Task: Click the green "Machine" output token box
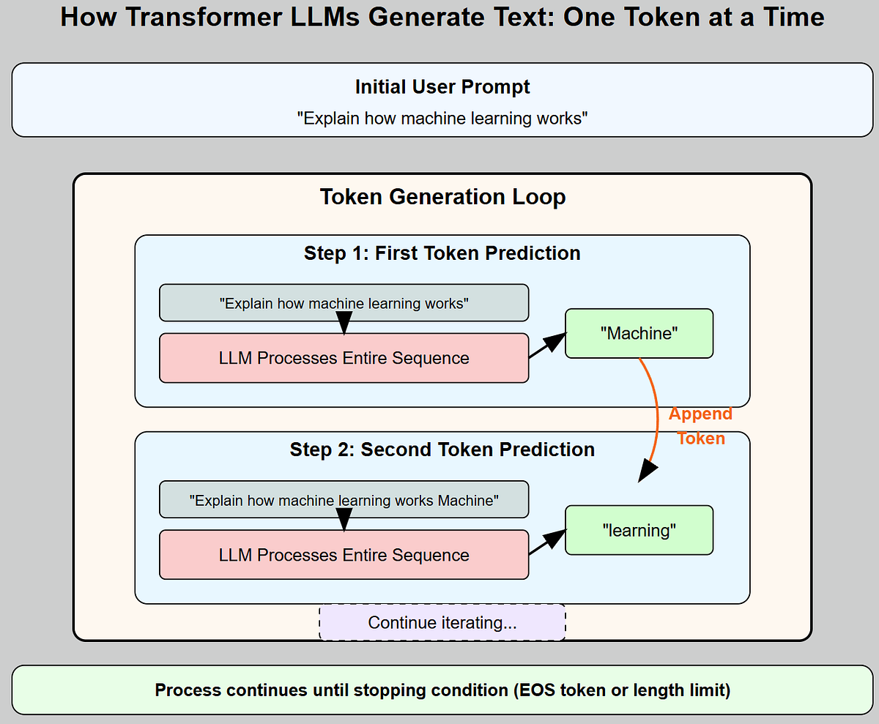click(x=639, y=334)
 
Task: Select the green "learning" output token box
click(x=639, y=531)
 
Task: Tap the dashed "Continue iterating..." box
click(x=442, y=623)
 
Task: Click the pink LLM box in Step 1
click(x=344, y=358)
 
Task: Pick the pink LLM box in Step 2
click(x=344, y=555)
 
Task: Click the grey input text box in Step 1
click(x=344, y=303)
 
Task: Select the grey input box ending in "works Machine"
click(x=344, y=500)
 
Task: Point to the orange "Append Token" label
click(x=700, y=426)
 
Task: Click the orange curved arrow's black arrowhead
click(x=648, y=470)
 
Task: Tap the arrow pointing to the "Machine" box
click(x=549, y=345)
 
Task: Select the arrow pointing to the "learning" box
click(x=549, y=542)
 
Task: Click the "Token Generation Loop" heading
click(x=442, y=197)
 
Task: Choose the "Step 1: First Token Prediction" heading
click(x=442, y=253)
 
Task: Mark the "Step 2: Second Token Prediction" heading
click(x=442, y=449)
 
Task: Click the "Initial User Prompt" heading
click(x=442, y=87)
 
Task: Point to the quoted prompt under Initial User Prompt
click(x=442, y=118)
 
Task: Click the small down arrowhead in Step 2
click(x=344, y=522)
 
